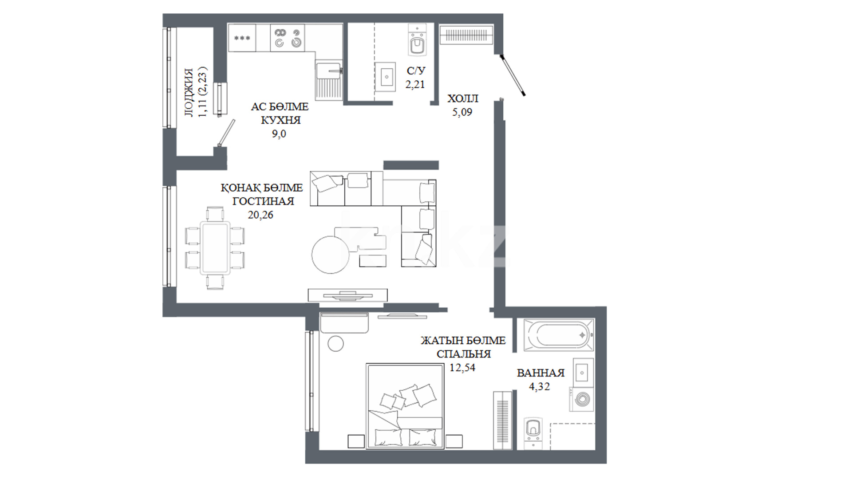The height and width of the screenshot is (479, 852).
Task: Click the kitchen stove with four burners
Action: tap(288, 38)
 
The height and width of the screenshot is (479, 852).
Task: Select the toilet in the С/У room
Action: tap(417, 40)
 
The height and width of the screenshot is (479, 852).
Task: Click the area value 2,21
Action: tap(415, 84)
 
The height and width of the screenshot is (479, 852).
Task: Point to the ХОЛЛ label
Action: tap(463, 98)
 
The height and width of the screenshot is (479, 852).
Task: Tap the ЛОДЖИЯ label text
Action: tap(189, 93)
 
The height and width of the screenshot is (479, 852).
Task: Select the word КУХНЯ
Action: tap(280, 120)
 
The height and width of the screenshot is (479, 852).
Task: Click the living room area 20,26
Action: tap(260, 215)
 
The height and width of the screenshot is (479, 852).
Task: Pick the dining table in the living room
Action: tap(215, 248)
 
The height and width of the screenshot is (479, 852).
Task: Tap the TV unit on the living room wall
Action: tap(347, 295)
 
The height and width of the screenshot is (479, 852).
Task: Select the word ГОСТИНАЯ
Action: tap(263, 201)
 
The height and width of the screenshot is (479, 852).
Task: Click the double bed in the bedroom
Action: tap(405, 406)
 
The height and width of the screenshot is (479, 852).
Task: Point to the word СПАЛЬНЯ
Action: tap(464, 354)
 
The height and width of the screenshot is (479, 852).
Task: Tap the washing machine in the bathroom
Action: tap(582, 399)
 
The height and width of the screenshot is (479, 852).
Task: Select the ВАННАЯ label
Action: tap(540, 373)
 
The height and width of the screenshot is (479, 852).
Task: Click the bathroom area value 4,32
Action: tap(539, 387)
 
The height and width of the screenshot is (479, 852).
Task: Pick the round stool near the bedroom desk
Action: tap(335, 343)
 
